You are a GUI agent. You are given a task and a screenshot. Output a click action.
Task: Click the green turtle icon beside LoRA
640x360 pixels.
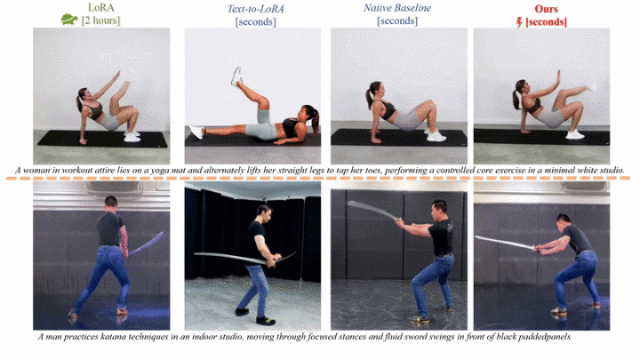click(69, 20)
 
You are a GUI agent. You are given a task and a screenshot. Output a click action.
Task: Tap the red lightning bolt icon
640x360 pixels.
click(519, 22)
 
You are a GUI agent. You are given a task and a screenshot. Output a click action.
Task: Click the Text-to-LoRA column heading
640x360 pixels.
click(255, 9)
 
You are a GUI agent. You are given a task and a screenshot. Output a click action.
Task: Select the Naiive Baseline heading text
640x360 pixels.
click(397, 8)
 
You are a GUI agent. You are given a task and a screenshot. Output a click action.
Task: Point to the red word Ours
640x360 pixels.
click(546, 9)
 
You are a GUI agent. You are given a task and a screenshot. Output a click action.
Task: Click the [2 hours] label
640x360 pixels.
click(100, 20)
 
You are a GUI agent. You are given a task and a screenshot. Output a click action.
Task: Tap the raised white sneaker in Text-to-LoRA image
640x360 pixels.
click(236, 76)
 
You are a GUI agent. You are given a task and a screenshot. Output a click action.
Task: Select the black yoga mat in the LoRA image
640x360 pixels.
click(102, 139)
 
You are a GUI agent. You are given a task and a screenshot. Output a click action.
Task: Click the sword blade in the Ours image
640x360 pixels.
click(505, 243)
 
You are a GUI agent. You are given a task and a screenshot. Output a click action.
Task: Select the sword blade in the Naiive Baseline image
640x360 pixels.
click(372, 210)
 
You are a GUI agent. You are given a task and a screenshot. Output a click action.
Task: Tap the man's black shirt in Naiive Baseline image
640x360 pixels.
click(441, 237)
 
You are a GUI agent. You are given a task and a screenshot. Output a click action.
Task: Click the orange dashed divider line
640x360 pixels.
click(318, 179)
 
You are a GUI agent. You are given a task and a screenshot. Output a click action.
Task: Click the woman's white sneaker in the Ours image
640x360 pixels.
click(575, 134)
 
